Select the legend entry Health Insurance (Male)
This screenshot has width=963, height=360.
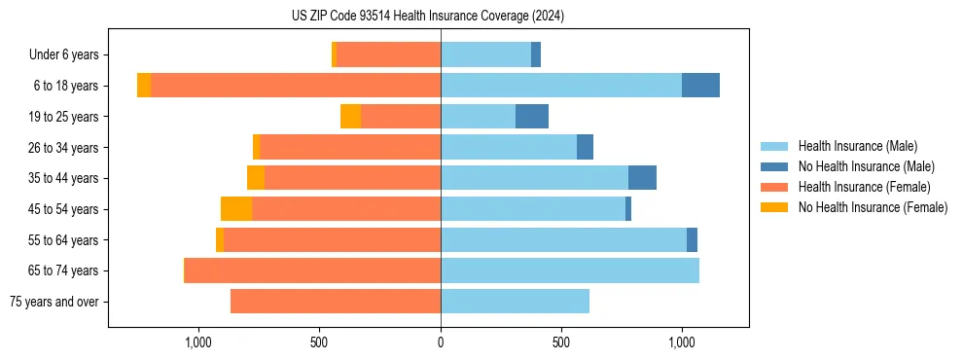(x=857, y=146)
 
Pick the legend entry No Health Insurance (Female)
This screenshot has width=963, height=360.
(x=873, y=207)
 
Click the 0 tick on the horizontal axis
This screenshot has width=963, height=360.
(x=441, y=342)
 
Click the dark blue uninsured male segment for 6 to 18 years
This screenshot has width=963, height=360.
(x=700, y=86)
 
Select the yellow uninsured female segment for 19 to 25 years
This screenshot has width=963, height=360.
(x=350, y=117)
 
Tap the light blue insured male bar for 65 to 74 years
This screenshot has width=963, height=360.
(x=570, y=270)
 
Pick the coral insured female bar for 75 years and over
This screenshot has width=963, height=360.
(x=336, y=302)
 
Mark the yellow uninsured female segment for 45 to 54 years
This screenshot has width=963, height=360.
(x=236, y=209)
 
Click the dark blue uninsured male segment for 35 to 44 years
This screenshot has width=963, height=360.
(x=642, y=178)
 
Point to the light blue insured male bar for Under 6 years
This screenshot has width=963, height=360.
(x=485, y=55)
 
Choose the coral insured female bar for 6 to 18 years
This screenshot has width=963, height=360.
(x=296, y=86)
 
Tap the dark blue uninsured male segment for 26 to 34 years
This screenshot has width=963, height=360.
(x=585, y=147)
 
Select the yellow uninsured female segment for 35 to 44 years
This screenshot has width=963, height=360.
(x=256, y=178)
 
